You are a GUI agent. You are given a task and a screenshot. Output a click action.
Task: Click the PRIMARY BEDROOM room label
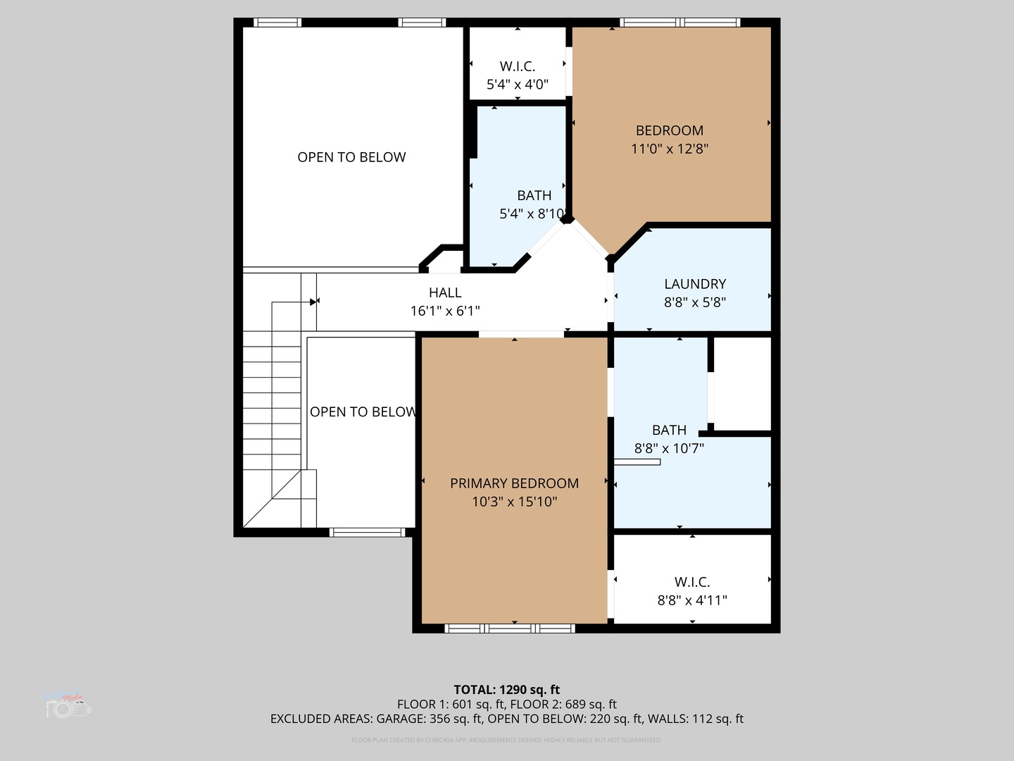[x=514, y=483]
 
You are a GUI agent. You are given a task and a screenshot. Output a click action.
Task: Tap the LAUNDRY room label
[x=694, y=284]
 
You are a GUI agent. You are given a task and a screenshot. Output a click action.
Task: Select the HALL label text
[x=445, y=292]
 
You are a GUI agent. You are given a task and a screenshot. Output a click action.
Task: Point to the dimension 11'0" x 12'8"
[x=669, y=149]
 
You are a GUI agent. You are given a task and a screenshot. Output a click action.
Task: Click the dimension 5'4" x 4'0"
[x=517, y=85]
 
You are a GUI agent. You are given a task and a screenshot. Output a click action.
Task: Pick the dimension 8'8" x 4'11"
[x=691, y=600]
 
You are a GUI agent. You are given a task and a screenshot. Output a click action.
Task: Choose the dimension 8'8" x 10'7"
[x=669, y=448]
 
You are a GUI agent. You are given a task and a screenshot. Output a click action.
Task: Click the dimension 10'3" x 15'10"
[x=514, y=502]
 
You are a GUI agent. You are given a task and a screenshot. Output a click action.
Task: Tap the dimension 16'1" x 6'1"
[x=445, y=311]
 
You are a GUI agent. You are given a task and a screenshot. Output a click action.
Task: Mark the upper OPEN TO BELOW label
[x=351, y=157]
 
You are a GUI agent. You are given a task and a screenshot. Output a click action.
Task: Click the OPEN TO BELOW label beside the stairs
[x=363, y=412]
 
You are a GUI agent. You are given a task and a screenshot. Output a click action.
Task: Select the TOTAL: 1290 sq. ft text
[x=506, y=690]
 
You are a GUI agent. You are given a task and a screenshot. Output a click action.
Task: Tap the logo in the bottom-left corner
[x=68, y=705]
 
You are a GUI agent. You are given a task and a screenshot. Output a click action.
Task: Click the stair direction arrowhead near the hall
[x=313, y=302]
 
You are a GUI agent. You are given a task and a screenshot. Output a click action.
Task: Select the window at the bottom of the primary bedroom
[x=511, y=628]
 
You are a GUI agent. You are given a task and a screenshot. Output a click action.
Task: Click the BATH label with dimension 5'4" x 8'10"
[x=534, y=195]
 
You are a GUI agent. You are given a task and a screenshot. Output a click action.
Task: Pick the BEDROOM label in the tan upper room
[x=669, y=130]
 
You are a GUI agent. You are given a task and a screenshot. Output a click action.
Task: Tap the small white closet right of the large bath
[x=743, y=384]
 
